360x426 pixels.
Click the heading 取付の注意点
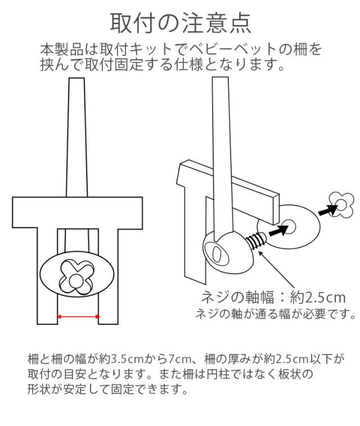point(180,24)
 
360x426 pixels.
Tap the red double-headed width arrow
point(78,316)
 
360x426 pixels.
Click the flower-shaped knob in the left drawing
point(77,277)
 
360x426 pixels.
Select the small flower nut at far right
point(341,205)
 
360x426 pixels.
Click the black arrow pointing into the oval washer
point(278,231)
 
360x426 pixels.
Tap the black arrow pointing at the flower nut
point(328,210)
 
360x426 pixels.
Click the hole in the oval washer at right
point(290,226)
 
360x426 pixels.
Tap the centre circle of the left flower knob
point(76,281)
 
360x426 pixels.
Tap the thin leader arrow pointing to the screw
point(276,270)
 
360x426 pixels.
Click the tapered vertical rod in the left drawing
point(77,137)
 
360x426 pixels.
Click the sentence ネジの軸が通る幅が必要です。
point(276,314)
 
